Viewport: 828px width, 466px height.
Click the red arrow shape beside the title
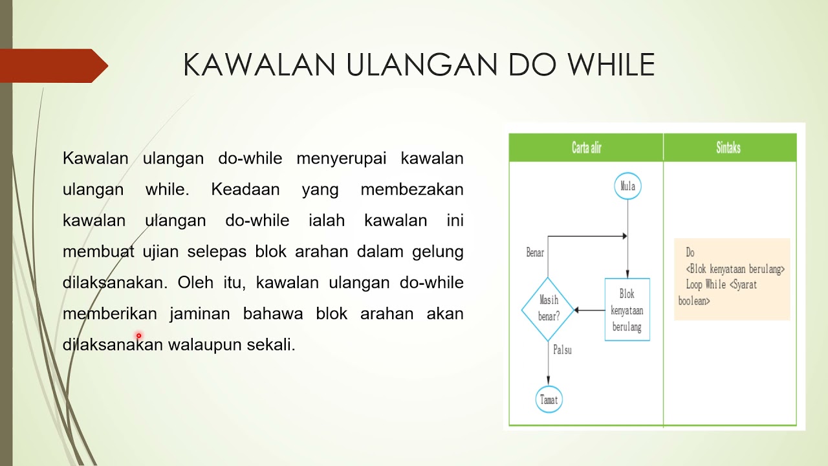54,66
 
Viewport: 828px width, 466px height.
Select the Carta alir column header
587,148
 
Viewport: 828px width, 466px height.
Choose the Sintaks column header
728,148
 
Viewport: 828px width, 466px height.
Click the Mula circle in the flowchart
627,186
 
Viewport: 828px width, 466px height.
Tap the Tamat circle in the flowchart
549,399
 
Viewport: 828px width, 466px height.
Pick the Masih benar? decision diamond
548,309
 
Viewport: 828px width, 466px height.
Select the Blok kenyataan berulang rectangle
627,310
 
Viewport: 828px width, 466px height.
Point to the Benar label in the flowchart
535,253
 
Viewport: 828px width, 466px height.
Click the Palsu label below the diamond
562,350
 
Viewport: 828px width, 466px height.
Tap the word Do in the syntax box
690,253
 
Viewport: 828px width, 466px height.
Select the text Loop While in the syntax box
706,285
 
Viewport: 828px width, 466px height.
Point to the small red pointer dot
138,336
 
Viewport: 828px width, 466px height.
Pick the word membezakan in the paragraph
411,190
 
